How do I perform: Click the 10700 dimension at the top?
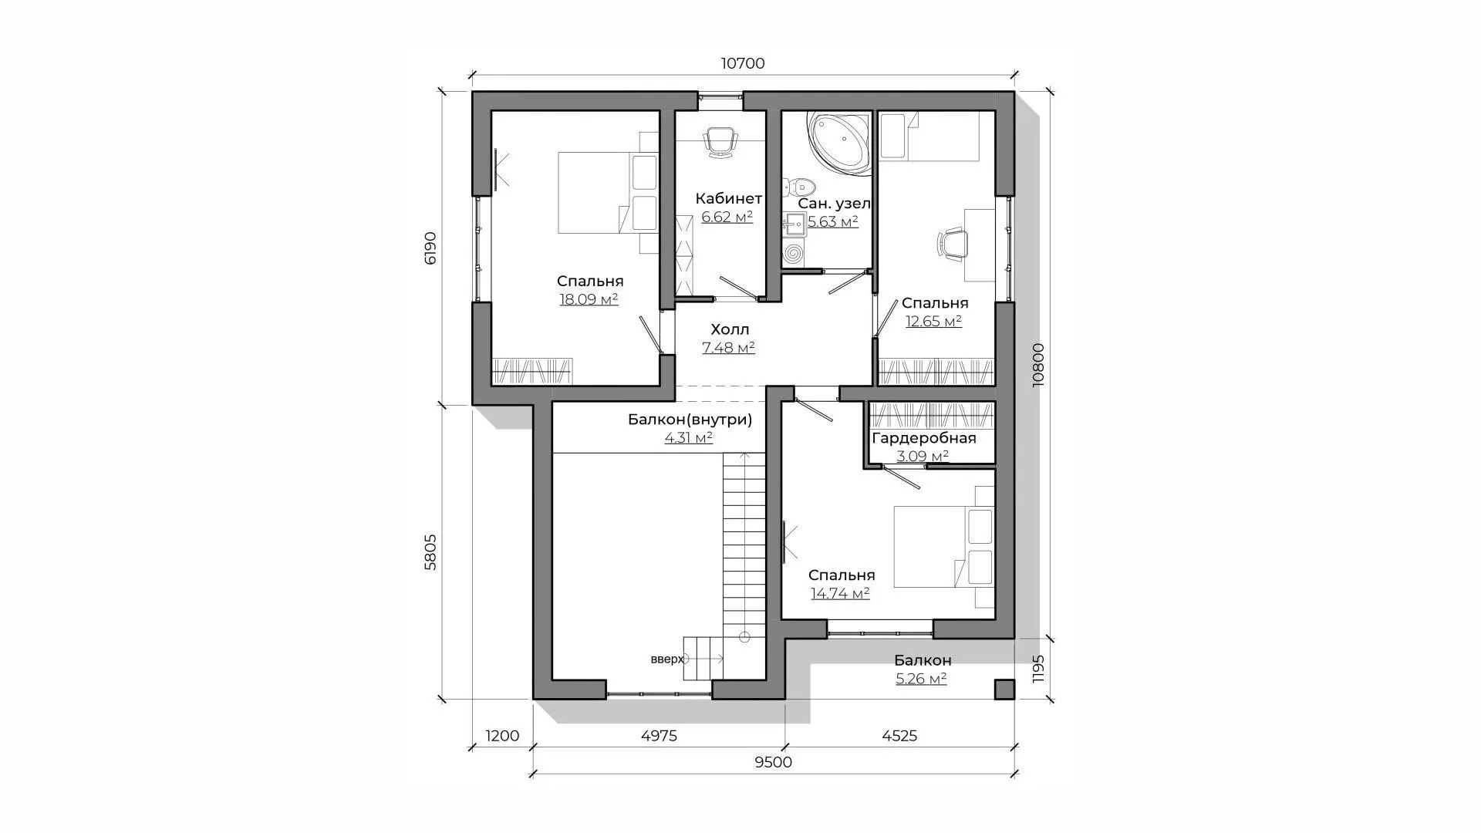(x=743, y=63)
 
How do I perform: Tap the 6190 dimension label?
(x=430, y=248)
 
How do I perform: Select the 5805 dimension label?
(x=430, y=551)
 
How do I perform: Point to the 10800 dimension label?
(x=1038, y=365)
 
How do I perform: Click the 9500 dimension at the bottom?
(x=773, y=762)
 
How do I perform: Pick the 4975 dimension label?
(x=659, y=736)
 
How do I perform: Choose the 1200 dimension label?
(x=502, y=736)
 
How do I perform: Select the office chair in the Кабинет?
(x=720, y=143)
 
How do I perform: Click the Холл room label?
(x=730, y=329)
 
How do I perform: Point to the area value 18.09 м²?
(x=589, y=299)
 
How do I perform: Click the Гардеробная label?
(x=924, y=438)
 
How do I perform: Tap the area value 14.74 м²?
(x=840, y=593)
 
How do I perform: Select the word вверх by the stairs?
(x=667, y=659)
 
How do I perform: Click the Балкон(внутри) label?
(x=690, y=420)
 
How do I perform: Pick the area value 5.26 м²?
(x=921, y=679)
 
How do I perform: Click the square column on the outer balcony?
(x=1004, y=689)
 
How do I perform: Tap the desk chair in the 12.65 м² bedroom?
(x=952, y=244)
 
